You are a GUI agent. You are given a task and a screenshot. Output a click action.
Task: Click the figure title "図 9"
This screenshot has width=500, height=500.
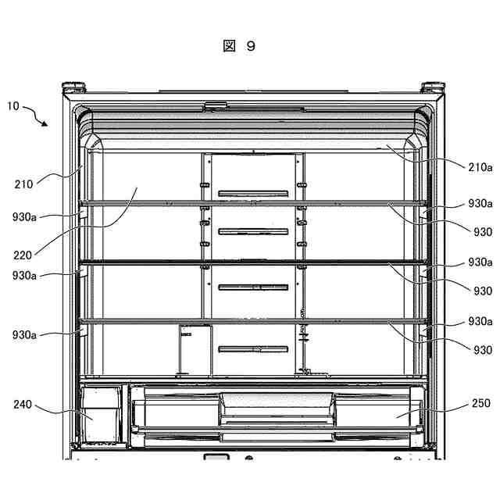(239, 46)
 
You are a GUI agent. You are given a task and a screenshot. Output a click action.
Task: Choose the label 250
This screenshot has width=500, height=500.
(481, 404)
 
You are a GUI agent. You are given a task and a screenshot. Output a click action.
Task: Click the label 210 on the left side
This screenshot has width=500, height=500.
(23, 185)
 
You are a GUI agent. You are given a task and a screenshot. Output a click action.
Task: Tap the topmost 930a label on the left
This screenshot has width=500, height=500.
(24, 216)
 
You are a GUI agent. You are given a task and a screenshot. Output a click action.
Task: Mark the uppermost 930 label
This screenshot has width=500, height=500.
(482, 232)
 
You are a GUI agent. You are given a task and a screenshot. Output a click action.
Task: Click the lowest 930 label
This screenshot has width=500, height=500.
(482, 350)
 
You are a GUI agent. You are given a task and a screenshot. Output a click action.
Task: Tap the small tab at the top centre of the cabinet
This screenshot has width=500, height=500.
(215, 105)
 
